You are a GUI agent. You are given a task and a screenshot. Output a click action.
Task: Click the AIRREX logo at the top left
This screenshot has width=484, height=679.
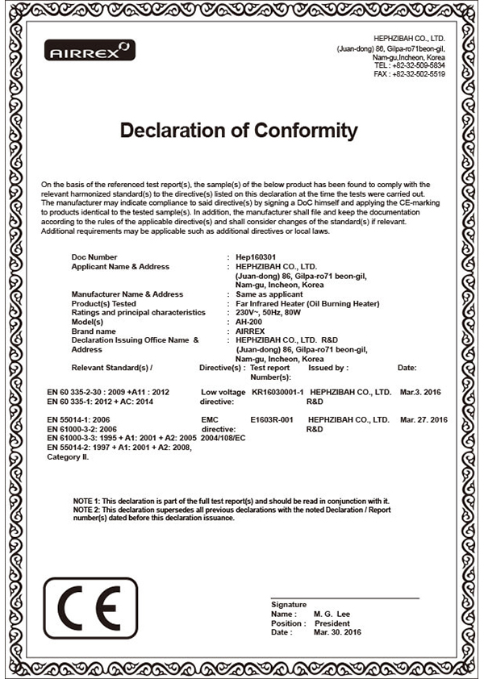(x=89, y=51)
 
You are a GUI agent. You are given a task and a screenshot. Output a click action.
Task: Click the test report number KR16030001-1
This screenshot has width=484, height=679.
(x=277, y=391)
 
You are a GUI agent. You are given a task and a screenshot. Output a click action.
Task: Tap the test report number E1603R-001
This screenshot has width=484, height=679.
(x=272, y=420)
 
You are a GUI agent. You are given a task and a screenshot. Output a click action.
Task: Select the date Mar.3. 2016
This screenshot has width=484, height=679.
(x=420, y=391)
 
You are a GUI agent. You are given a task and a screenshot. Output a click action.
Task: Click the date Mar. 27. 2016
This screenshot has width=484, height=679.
(x=423, y=420)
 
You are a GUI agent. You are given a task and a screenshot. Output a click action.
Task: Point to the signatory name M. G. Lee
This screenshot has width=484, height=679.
(x=332, y=614)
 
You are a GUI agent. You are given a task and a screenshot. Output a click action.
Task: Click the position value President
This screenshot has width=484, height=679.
(x=332, y=623)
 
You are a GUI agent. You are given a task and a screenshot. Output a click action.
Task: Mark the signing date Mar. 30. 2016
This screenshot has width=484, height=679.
(x=338, y=632)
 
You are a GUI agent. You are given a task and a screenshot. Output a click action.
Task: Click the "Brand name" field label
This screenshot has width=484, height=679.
(x=94, y=331)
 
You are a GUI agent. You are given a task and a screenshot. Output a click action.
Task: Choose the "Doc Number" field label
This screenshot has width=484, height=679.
(x=95, y=256)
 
